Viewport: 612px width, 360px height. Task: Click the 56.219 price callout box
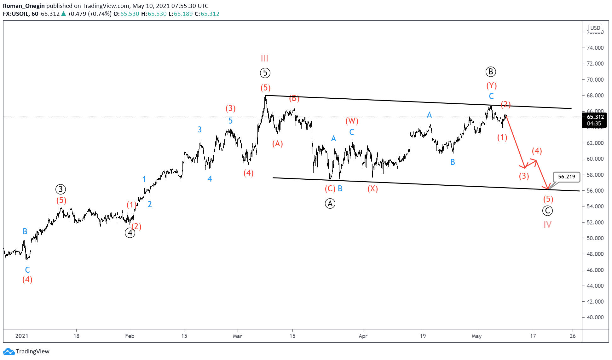[566, 177]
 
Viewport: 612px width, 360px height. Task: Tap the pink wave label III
[264, 58]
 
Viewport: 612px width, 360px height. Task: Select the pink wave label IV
[547, 225]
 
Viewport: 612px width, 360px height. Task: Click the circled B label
[490, 72]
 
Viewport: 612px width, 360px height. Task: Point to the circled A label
[330, 204]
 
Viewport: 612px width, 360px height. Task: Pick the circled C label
[547, 211]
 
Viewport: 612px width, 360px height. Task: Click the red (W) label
[352, 121]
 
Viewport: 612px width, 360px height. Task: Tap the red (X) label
[372, 189]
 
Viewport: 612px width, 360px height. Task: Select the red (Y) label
[491, 85]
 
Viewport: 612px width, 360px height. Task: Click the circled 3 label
[61, 189]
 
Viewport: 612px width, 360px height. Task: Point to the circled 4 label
[130, 233]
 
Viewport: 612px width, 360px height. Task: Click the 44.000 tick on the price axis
[595, 286]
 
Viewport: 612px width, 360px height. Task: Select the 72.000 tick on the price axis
[595, 64]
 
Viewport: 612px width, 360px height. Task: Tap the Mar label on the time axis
[237, 336]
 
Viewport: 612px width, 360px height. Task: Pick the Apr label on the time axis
[363, 336]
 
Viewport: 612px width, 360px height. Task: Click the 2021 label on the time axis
[22, 336]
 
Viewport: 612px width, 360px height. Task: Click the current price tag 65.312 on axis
[595, 117]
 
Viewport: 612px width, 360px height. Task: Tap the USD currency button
[595, 28]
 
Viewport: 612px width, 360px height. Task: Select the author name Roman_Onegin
[24, 6]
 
